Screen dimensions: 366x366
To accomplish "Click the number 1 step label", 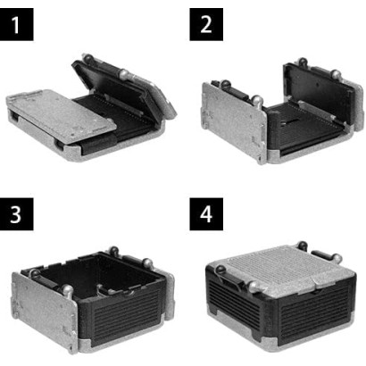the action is (x=16, y=24).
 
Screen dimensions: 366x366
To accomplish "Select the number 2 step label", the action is (x=206, y=24).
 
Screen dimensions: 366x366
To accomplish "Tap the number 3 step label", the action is (x=16, y=214).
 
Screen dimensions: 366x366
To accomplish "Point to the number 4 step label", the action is (x=206, y=214).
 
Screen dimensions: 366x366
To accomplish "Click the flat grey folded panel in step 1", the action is (x=61, y=114).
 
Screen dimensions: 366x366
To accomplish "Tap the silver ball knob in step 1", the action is (x=124, y=73).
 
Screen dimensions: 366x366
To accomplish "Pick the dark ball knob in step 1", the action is (x=87, y=57).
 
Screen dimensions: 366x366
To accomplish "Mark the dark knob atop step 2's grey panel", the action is (x=225, y=84).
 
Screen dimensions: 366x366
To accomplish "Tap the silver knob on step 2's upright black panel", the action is (x=336, y=74).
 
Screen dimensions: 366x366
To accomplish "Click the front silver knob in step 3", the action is (x=67, y=290).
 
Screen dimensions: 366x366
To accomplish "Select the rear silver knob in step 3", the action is (x=147, y=263).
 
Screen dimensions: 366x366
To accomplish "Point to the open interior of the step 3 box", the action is (x=98, y=275).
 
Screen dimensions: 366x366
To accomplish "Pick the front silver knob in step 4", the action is (x=255, y=287).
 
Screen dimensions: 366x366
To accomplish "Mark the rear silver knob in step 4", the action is (x=337, y=258).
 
